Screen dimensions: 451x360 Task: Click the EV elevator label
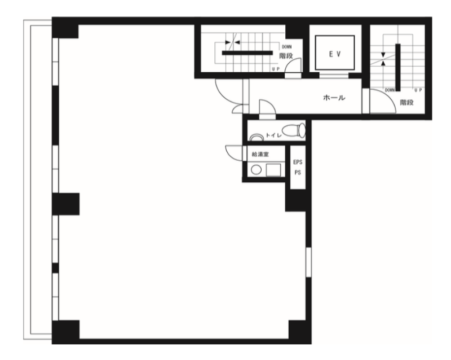coord(335,54)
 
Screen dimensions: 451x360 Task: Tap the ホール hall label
coord(334,98)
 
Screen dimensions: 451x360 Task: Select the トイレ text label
coord(273,135)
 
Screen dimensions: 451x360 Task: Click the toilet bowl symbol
coord(294,130)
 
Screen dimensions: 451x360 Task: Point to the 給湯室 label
coord(260,155)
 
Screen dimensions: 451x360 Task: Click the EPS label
coord(298,162)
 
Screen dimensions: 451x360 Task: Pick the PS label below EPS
coord(298,173)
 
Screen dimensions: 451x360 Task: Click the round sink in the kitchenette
coord(257,170)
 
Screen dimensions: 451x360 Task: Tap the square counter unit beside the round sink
coord(273,170)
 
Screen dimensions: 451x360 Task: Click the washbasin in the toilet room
coord(257,138)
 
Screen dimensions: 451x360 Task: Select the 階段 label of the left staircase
coord(286,56)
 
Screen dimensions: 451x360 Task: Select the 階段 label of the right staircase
coord(406,102)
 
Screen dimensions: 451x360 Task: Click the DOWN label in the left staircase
coord(287,47)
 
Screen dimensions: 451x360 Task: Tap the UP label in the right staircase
coord(418,90)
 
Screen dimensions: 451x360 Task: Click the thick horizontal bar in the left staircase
coord(247,52)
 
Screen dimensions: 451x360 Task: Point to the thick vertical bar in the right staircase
coord(398,67)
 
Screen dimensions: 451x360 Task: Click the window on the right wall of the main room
coord(308,262)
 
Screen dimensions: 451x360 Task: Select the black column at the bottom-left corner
coord(65,332)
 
